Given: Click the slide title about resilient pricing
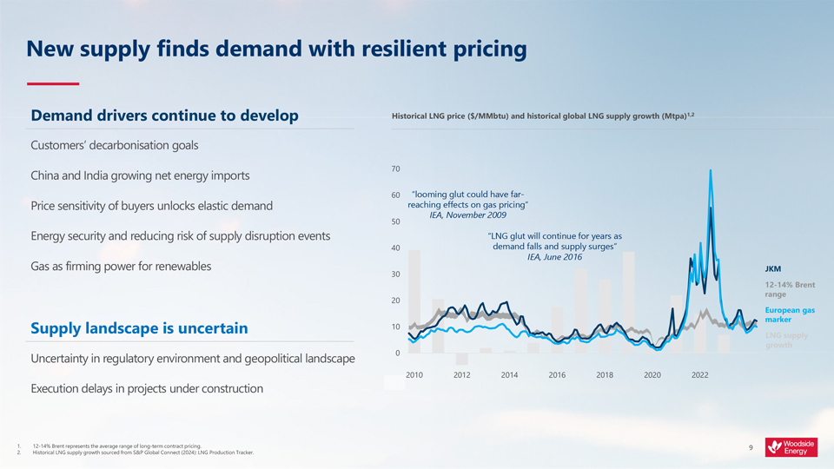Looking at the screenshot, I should pos(276,50).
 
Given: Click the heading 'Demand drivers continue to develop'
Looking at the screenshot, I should pos(165,116).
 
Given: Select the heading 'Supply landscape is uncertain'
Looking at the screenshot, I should pos(139,328).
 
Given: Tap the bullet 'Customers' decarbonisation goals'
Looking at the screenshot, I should pos(115,145).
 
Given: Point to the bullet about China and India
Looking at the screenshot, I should pos(140,175).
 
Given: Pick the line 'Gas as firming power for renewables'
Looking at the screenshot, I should pos(121,266).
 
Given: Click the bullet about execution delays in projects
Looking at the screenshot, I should pos(147,388).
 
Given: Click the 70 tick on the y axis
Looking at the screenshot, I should pos(396,168).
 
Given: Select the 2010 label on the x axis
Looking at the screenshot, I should pos(414,375).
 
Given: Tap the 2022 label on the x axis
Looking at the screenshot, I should pos(700,375).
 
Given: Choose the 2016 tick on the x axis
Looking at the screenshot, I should pos(557,375).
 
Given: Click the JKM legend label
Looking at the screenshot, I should pos(772,268).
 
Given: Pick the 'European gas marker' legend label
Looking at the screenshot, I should pos(789,314).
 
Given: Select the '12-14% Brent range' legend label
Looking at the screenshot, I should pos(789,289).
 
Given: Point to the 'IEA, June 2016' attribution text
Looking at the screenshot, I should pos(554,257).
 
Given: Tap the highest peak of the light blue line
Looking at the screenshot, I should pos(711,170).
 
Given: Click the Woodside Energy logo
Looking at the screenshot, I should pos(791,447).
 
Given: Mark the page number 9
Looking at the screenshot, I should pos(751,448).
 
